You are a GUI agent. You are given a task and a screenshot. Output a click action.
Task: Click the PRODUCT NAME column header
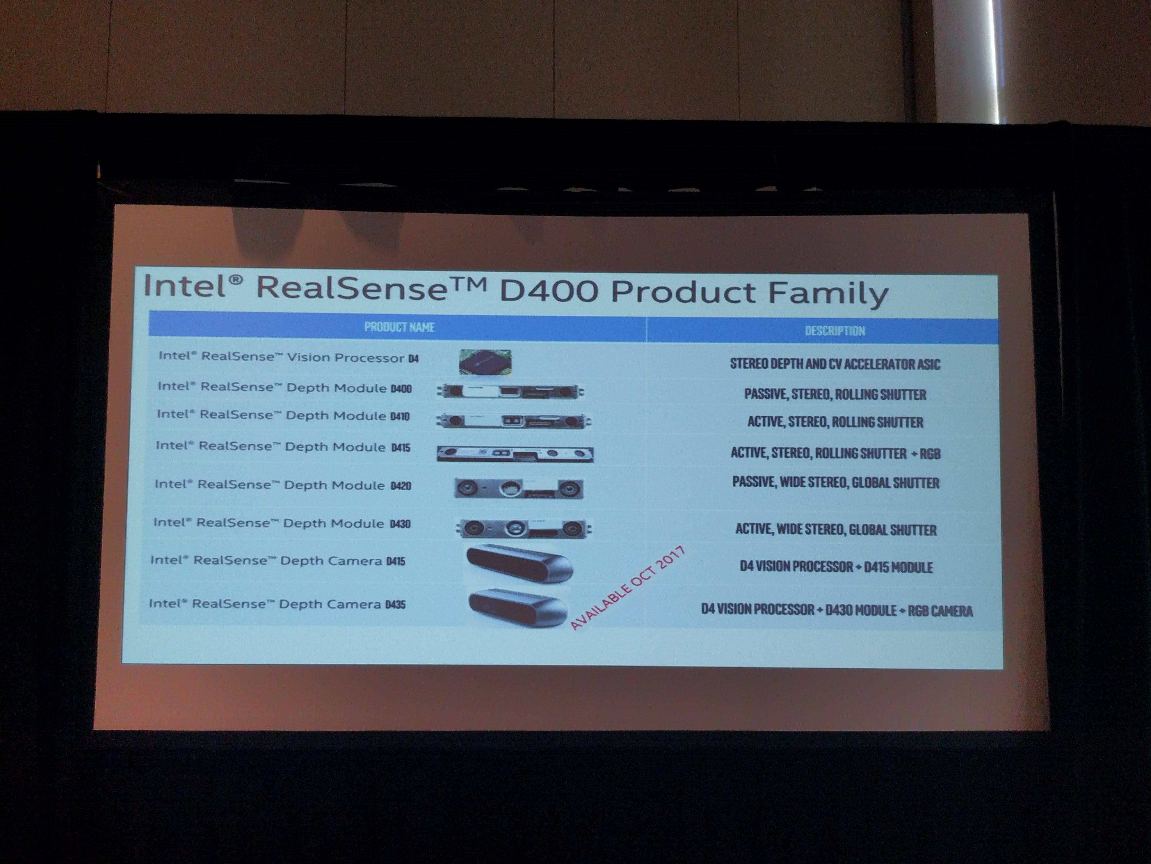(399, 327)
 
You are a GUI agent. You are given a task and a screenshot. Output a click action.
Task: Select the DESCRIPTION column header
(835, 331)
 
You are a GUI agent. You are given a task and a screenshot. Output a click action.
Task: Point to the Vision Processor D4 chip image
(485, 361)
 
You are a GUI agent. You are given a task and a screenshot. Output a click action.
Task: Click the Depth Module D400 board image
(510, 391)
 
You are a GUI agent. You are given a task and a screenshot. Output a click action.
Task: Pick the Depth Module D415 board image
(515, 454)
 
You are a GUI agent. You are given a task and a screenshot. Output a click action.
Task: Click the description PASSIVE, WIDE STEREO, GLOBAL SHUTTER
(836, 482)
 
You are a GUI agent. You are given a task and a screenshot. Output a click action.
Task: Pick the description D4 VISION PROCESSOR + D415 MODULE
(836, 567)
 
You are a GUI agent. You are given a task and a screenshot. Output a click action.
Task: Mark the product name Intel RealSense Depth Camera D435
(277, 604)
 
